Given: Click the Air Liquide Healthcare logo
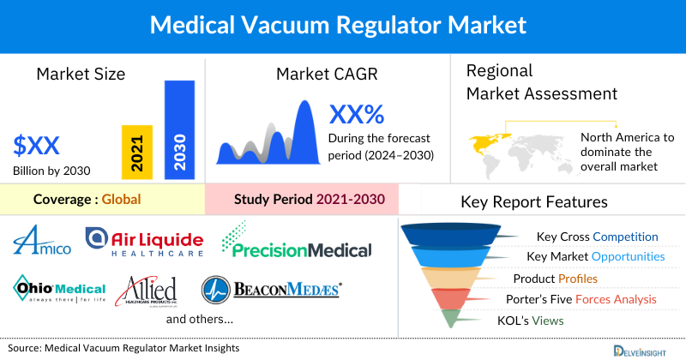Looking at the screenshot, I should (145, 243).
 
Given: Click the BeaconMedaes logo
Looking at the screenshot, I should (272, 290).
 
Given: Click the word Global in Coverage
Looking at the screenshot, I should (121, 199).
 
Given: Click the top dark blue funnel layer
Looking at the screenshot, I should (456, 235).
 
